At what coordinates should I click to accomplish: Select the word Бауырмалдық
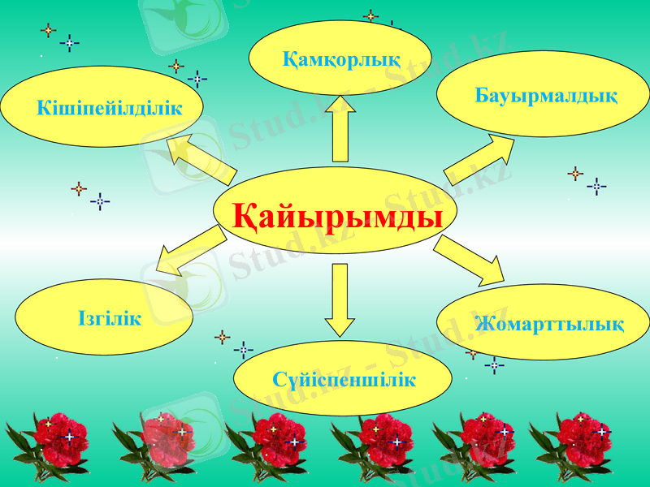pos(546,97)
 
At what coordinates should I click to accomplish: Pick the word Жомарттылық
pos(550,325)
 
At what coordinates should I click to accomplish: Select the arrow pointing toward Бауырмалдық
pos(479,158)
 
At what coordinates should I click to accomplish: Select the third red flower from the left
pos(276,438)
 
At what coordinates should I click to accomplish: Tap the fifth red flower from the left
pos(483,438)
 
